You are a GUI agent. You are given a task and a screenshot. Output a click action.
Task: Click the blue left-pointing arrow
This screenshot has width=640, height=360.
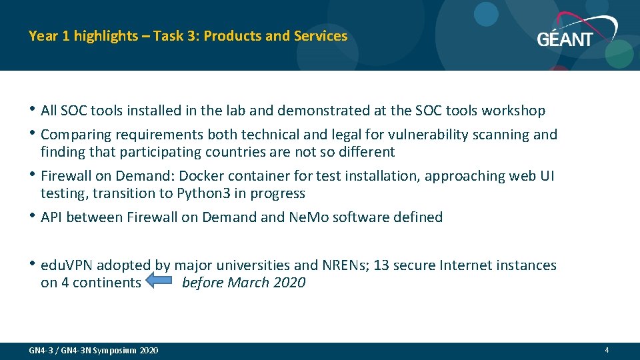tap(159, 282)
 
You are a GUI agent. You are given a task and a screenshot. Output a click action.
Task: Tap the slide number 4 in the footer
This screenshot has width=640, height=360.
tap(607, 350)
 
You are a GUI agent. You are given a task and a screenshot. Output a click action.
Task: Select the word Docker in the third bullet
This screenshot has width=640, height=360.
tap(200, 176)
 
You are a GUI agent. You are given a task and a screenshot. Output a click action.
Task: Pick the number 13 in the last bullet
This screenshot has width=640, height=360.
tap(381, 265)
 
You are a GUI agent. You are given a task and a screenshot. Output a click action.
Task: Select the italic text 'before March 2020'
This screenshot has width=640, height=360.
tap(243, 283)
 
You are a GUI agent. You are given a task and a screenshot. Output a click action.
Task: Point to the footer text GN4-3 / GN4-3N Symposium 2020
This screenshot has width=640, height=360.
tap(94, 351)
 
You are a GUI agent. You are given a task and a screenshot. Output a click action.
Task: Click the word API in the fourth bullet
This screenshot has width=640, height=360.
tap(52, 217)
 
